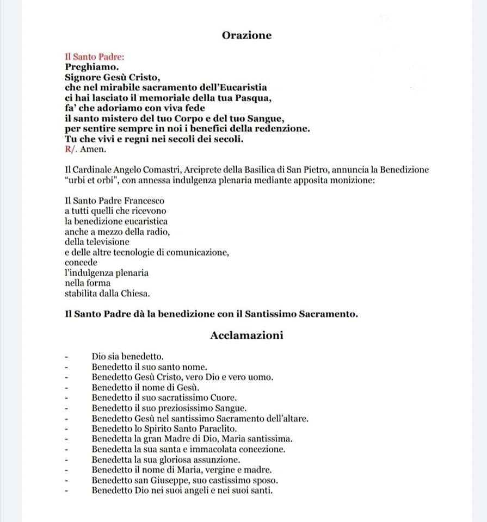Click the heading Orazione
point(246,35)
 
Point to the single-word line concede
point(81,262)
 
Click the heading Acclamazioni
point(246,335)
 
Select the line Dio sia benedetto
point(127,357)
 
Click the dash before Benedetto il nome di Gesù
point(66,388)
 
